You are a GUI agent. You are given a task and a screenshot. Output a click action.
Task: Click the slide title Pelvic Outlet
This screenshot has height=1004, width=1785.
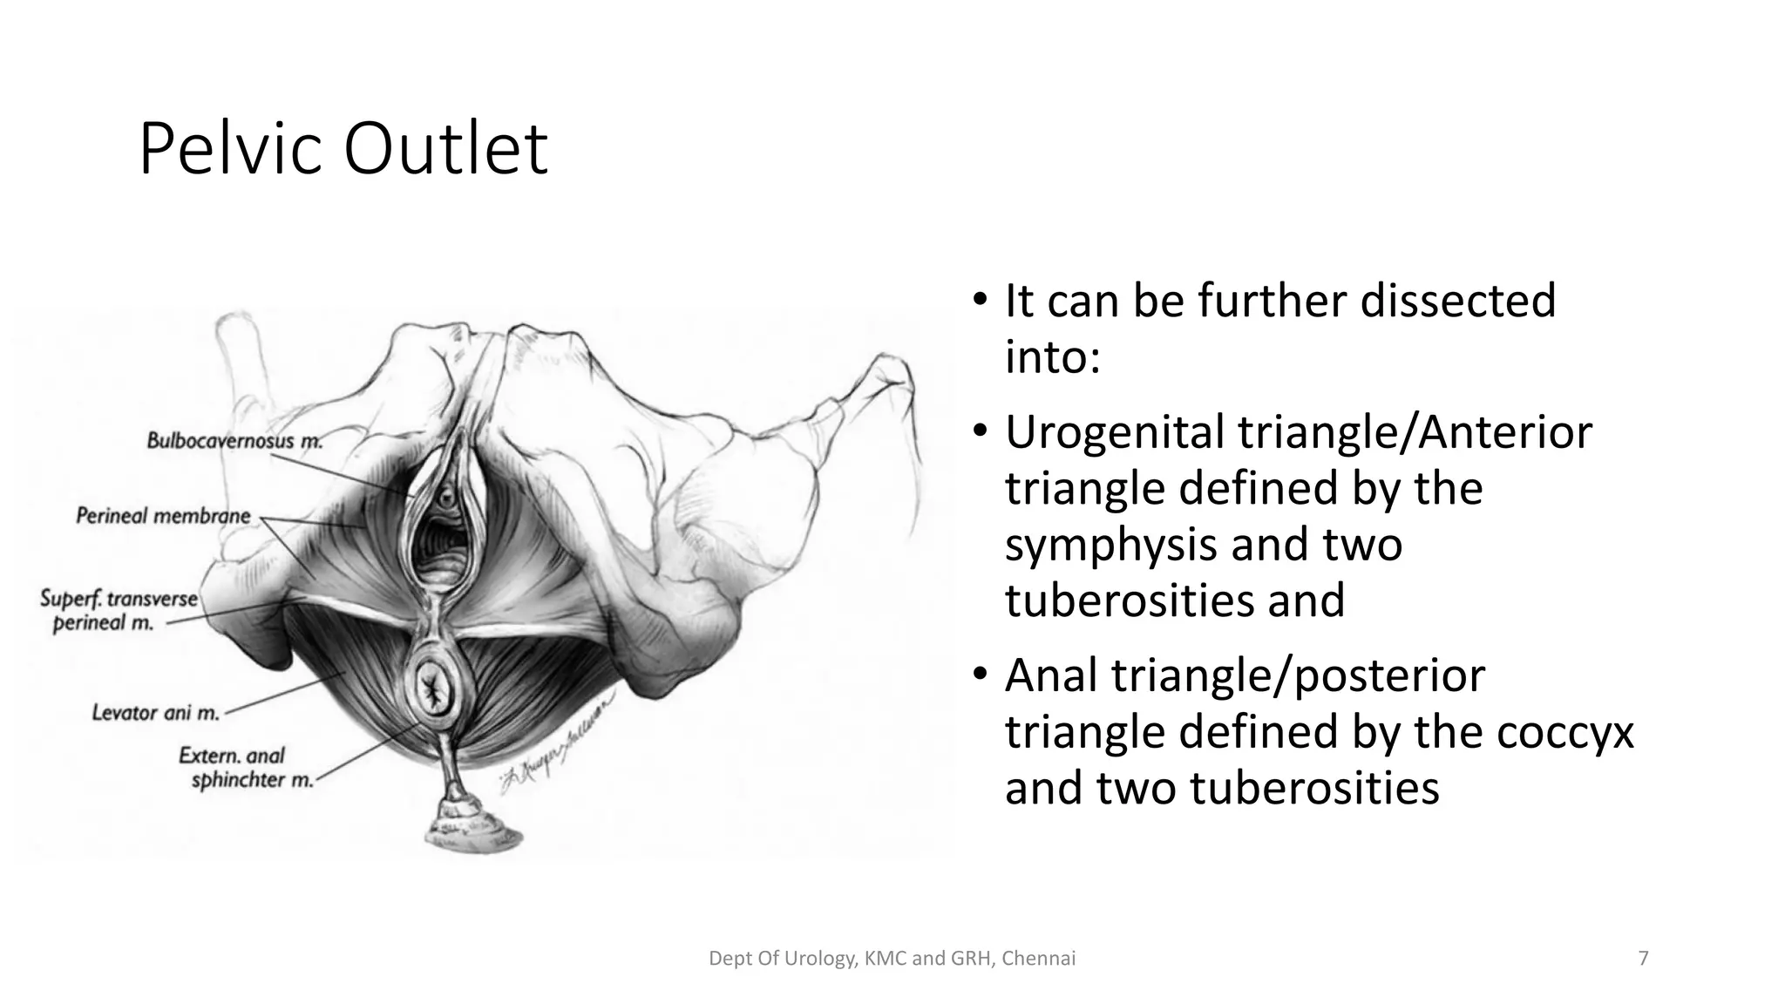pyautogui.click(x=343, y=149)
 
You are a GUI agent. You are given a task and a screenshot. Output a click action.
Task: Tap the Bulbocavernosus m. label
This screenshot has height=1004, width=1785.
pyautogui.click(x=234, y=440)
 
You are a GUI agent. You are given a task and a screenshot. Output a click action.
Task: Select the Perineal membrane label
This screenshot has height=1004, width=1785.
pyautogui.click(x=163, y=516)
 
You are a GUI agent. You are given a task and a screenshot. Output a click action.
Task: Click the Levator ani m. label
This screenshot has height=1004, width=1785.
pyautogui.click(x=155, y=713)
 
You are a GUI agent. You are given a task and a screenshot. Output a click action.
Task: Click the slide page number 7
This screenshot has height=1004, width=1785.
pyautogui.click(x=1643, y=959)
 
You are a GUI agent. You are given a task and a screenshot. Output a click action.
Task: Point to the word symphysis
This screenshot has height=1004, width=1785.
pyautogui.click(x=1100, y=546)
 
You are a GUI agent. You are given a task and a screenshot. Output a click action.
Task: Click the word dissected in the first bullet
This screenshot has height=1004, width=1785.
pyautogui.click(x=1457, y=301)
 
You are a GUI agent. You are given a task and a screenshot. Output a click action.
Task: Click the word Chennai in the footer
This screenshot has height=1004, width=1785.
pyautogui.click(x=1039, y=959)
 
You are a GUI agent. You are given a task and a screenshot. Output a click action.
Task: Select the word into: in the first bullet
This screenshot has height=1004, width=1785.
pyautogui.click(x=1052, y=356)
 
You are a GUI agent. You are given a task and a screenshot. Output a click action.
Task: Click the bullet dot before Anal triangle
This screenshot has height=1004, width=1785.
pyautogui.click(x=981, y=675)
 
